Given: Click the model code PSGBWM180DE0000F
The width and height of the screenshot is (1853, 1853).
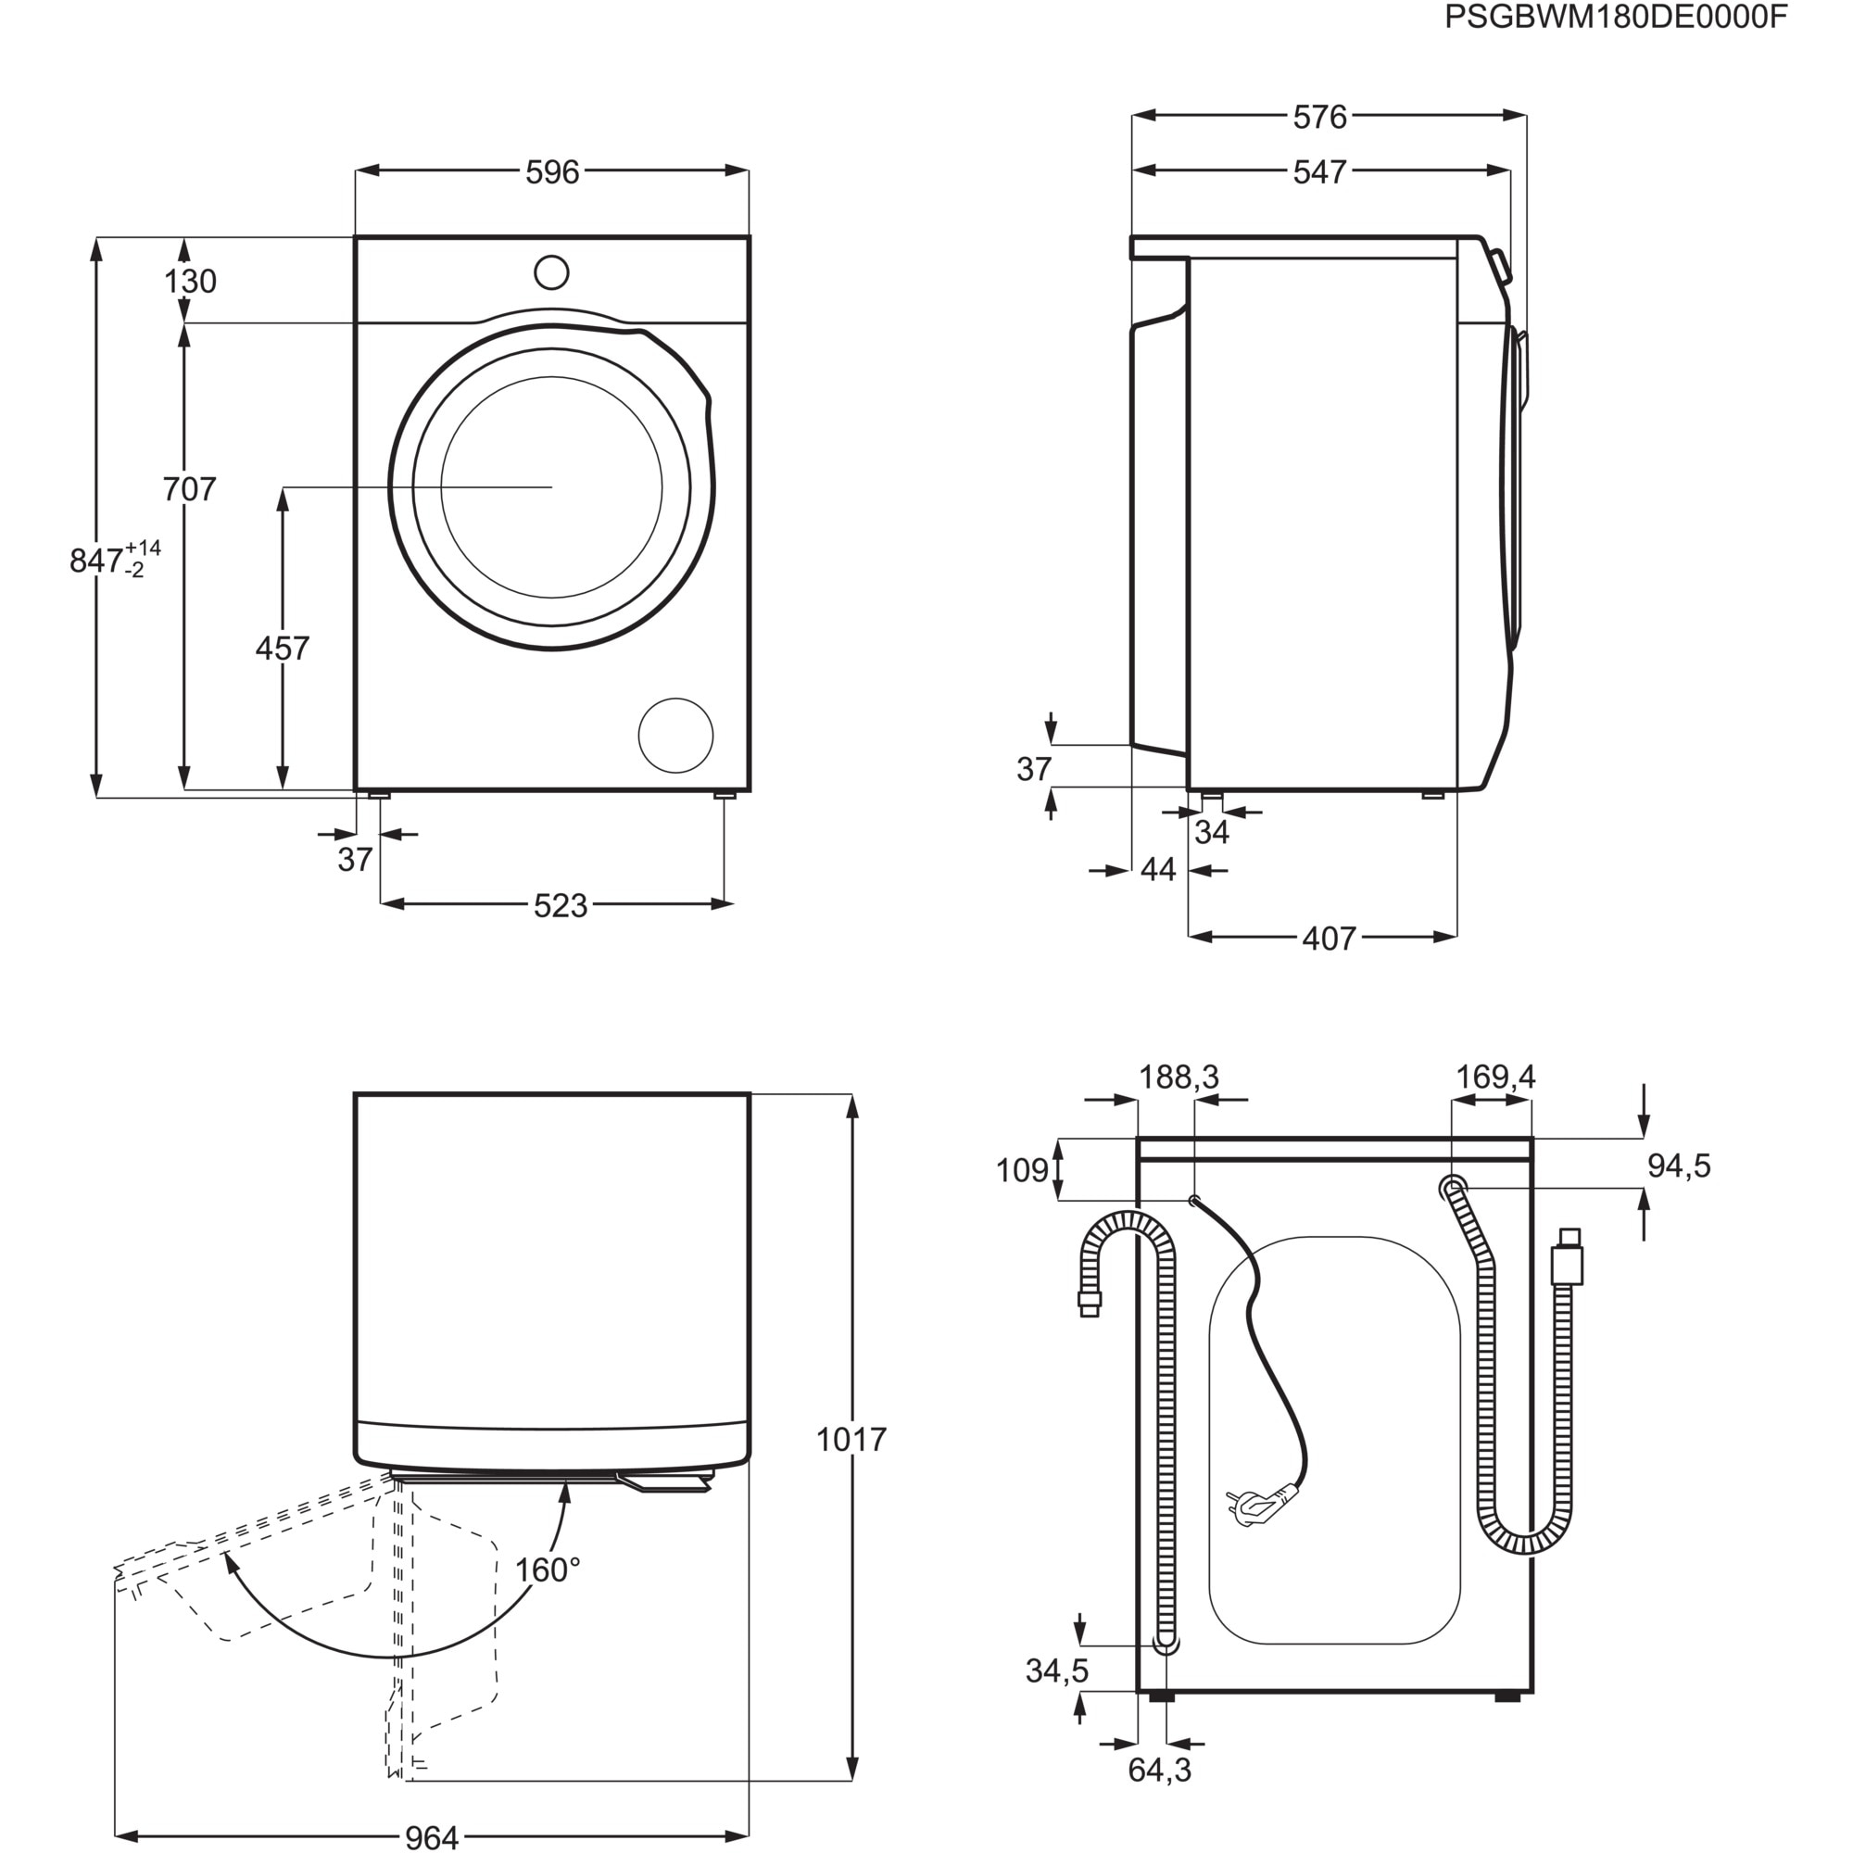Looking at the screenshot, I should [1616, 19].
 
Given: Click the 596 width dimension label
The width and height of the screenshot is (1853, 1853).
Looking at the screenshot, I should [552, 172].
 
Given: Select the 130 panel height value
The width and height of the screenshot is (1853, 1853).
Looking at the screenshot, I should [190, 282].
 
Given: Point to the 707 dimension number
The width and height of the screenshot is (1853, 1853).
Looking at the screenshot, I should [189, 490].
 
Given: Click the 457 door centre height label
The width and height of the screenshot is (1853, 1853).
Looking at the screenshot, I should [282, 649].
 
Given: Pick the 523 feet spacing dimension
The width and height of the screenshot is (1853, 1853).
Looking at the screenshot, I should [561, 906].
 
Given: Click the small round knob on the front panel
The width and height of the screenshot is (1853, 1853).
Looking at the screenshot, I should [551, 272].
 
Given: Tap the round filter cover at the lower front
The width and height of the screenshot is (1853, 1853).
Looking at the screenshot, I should [675, 736].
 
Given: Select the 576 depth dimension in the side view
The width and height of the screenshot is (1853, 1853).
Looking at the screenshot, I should [1319, 117].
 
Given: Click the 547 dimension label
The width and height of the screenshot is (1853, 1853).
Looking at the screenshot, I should [1319, 172].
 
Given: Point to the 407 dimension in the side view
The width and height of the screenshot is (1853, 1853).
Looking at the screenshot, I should [1329, 939].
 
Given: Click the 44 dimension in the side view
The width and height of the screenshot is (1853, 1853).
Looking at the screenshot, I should [1159, 871].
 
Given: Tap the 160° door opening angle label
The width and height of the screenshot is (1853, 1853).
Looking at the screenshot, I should [548, 1571].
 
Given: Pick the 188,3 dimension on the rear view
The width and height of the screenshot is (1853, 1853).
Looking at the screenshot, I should [1179, 1078].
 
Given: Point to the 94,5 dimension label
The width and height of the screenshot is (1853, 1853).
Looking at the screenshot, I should [1679, 1166].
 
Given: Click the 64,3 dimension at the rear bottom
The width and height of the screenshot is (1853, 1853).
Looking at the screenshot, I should [1160, 1796].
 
